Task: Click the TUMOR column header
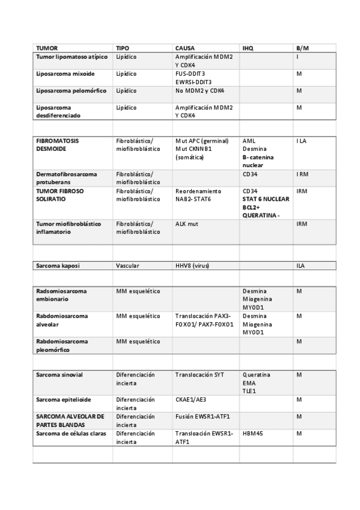(47, 47)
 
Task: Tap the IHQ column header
(248, 47)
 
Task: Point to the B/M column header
(303, 47)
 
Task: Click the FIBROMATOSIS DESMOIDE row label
(58, 144)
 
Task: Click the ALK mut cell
(187, 223)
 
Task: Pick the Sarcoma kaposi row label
(58, 265)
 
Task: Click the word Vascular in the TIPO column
(127, 265)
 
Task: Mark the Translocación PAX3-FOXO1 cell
(204, 319)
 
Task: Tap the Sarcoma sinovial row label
(59, 375)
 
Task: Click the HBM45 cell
(253, 432)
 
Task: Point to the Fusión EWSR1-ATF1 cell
(203, 416)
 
